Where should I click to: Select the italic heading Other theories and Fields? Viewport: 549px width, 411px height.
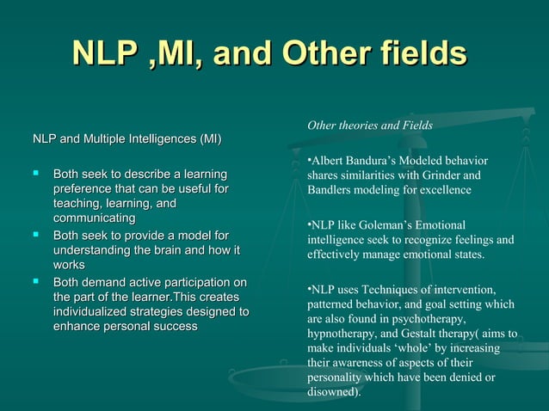(x=370, y=126)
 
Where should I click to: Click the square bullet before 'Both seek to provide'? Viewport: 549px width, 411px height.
(x=36, y=235)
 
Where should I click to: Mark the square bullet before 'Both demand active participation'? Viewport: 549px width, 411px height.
(x=36, y=282)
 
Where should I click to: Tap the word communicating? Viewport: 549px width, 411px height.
(x=94, y=219)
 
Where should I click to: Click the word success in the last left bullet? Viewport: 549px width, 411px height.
(x=175, y=327)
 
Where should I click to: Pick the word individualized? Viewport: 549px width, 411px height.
(x=96, y=312)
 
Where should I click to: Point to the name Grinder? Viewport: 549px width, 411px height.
(x=464, y=175)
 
